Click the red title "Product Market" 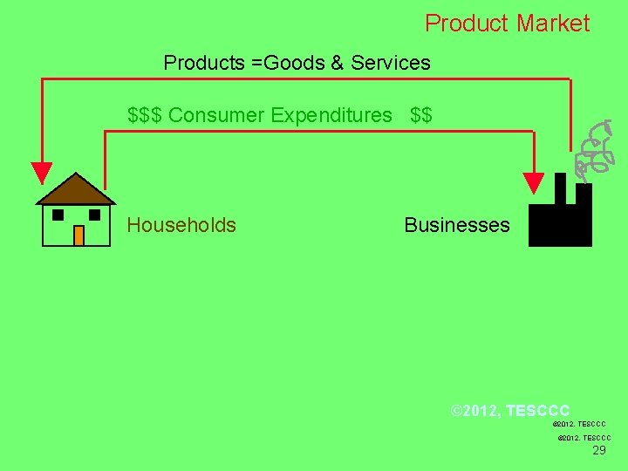tap(507, 24)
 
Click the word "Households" tap(181, 225)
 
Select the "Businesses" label tap(456, 225)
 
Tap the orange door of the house tap(78, 235)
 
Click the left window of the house tap(58, 215)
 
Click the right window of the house tap(95, 215)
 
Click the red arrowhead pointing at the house tap(41, 173)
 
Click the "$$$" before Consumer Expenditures tap(145, 115)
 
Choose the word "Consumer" tap(217, 115)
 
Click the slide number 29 tap(599, 451)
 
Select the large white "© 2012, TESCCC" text tap(509, 410)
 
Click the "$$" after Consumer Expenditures tap(421, 115)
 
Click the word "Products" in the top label tap(202, 63)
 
